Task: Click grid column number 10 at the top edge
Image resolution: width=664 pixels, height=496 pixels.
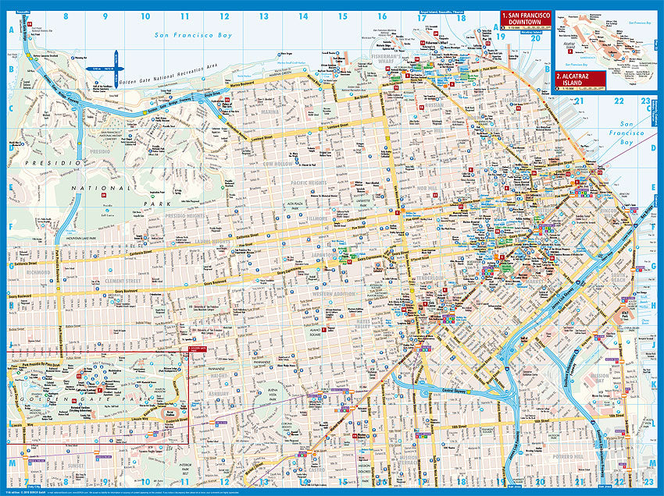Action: click(145, 15)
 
